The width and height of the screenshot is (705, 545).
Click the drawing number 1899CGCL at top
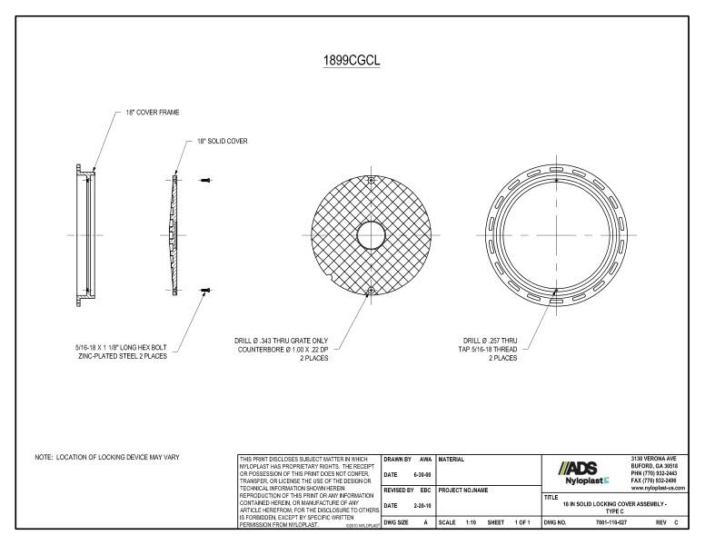coord(352,61)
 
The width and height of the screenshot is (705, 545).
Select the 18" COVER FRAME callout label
coord(153,113)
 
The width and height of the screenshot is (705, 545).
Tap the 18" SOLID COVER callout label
coord(223,142)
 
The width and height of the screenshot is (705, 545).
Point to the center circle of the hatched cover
coord(371,234)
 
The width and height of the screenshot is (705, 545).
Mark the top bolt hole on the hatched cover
coord(371,178)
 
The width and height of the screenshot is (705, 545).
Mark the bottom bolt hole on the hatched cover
coord(371,291)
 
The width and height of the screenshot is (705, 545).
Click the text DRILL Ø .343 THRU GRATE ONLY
coord(281,341)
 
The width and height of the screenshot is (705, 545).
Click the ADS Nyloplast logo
coord(580,470)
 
